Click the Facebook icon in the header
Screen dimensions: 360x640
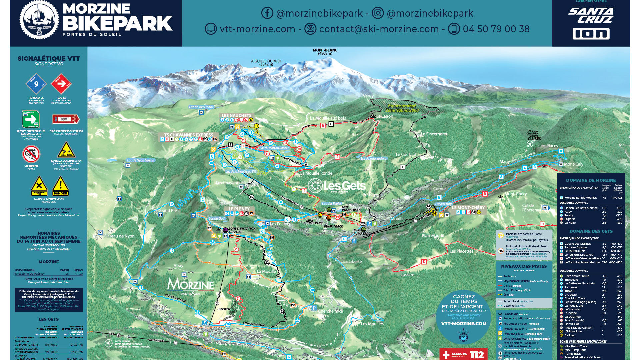coord(267,13)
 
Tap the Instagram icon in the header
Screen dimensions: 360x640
coord(378,13)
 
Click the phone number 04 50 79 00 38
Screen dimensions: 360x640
coord(496,29)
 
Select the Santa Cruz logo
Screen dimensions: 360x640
coord(591,15)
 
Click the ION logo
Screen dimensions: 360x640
coord(591,34)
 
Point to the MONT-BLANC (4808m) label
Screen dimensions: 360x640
coord(325,52)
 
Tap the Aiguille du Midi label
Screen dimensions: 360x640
coord(266,62)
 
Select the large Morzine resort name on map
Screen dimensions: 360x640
coord(190,285)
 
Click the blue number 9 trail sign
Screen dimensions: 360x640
coord(36,84)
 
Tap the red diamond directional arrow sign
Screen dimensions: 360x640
coord(61,84)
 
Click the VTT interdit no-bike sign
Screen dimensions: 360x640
coord(31,154)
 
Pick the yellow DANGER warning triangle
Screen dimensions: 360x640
coord(60,186)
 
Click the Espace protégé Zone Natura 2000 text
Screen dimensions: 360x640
coord(402,108)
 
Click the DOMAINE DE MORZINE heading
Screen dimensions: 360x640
coord(591,180)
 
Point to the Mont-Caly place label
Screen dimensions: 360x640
coord(573,164)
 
